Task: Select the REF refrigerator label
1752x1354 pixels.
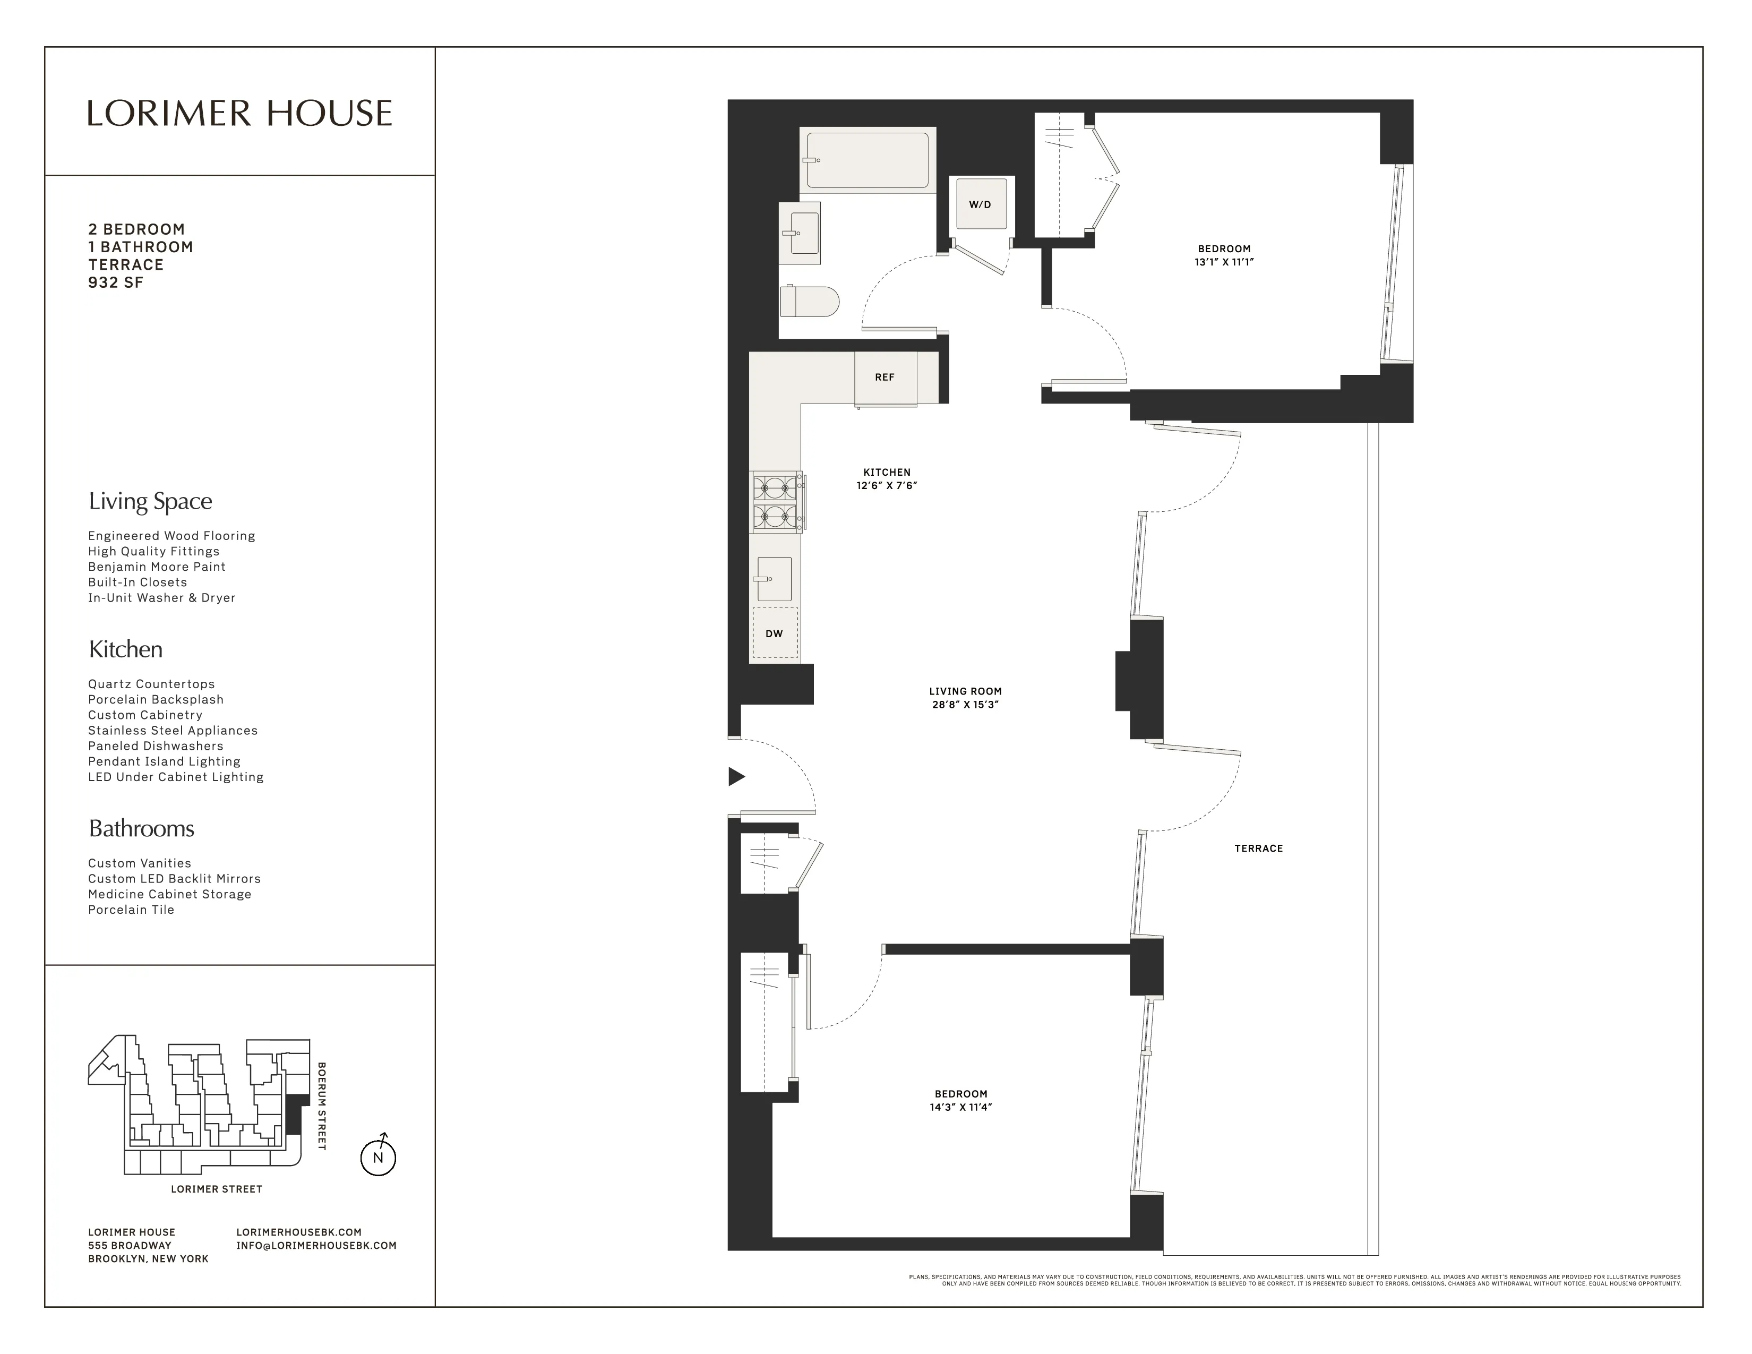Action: (884, 377)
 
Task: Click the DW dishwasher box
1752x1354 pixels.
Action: (774, 633)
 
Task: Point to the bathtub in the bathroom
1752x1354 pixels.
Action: (866, 160)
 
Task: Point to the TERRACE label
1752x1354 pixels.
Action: (1258, 848)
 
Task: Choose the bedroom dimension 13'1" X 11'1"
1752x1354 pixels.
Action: (1223, 261)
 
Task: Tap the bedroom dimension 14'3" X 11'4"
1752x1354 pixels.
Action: (960, 1107)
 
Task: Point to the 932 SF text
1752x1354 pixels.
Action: (116, 282)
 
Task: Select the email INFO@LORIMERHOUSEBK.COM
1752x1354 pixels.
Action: (316, 1246)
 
